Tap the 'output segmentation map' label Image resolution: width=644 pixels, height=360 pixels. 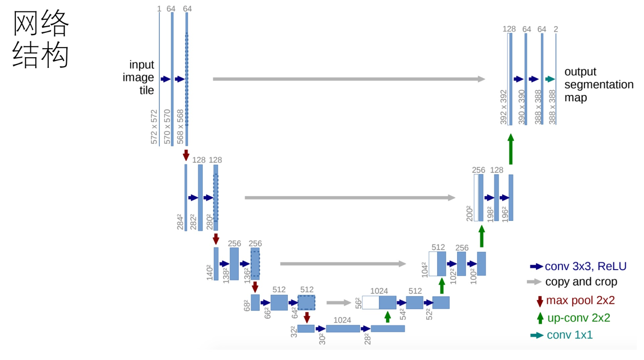(599, 85)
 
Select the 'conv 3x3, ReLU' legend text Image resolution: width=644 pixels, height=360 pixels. (585, 266)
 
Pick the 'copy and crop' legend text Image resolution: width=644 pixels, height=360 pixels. (581, 282)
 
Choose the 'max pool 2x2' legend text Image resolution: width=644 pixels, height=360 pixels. (580, 300)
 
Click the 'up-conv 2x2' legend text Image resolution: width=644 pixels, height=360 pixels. (578, 318)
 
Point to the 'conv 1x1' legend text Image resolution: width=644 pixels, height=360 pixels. (570, 335)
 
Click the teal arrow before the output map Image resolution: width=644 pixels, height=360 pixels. (550, 79)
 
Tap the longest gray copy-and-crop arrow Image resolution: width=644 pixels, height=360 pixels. (349, 79)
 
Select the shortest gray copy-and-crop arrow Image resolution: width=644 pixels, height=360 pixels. (338, 303)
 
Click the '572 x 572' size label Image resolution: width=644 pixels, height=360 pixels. (154, 127)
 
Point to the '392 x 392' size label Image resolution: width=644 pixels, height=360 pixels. (503, 107)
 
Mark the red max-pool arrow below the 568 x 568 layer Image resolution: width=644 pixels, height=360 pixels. (186, 155)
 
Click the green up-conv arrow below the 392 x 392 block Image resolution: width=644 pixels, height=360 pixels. (510, 151)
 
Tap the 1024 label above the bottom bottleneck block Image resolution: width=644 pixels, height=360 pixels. (342, 320)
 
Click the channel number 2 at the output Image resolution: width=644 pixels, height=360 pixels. (556, 29)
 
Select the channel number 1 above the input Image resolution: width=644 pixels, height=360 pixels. (159, 9)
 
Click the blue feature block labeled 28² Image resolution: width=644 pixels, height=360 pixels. (387, 328)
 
